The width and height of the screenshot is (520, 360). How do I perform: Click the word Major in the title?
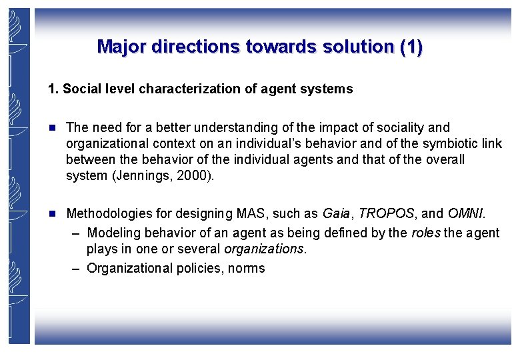tap(121, 47)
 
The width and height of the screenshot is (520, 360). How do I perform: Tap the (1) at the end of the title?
tap(410, 47)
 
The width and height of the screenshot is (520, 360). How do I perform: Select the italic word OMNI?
tap(466, 214)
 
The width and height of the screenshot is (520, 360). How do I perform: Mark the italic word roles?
tap(425, 233)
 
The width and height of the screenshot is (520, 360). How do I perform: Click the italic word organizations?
tap(264, 249)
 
